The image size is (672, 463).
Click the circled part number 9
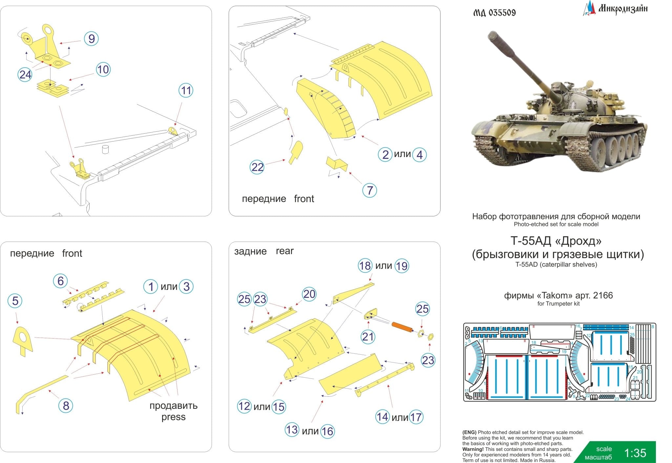click(x=91, y=39)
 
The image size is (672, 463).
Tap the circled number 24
click(x=25, y=75)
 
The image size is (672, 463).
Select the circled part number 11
click(x=186, y=90)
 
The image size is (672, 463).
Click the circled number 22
click(x=257, y=167)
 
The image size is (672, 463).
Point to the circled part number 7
click(x=370, y=190)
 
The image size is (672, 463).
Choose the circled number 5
click(x=15, y=301)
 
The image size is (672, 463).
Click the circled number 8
click(x=66, y=406)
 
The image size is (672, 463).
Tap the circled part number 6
click(x=60, y=281)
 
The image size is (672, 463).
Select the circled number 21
click(x=368, y=337)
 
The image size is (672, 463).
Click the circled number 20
click(x=309, y=294)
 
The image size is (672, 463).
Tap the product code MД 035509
click(x=494, y=13)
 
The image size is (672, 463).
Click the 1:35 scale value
click(x=635, y=453)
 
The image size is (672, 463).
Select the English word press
click(x=173, y=417)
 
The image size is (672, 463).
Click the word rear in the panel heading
click(x=284, y=251)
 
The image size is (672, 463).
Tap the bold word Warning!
click(x=473, y=449)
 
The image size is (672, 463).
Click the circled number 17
click(x=416, y=417)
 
